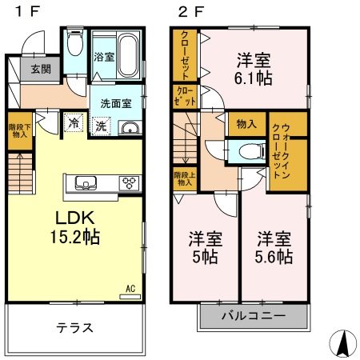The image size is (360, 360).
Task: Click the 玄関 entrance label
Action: pos(41,69)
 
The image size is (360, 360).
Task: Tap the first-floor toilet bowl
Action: pos(75,43)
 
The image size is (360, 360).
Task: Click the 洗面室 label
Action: pos(116,103)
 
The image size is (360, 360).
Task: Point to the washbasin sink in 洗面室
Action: pos(130,129)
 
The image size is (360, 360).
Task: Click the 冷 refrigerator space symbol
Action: pos(74,122)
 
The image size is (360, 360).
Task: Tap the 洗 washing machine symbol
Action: pos(101,126)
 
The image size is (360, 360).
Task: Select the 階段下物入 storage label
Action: pos(20,130)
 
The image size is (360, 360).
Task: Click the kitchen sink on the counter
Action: pos(86,183)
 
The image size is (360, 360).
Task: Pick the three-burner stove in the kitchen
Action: pos(130,183)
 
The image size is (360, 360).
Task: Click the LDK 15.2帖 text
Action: pos(75,227)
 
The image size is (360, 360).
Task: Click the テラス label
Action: pos(74,328)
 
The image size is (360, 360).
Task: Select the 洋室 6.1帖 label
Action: pos(254,69)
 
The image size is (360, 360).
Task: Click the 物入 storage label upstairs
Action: pos(246,124)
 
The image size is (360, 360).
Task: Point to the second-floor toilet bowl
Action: pos(250,152)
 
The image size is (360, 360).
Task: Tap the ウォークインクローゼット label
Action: pos(281,151)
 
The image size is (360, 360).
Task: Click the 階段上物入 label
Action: pos(185,178)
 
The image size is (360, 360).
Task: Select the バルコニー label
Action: pos(254,316)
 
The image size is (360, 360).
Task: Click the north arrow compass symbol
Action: pos(343,343)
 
